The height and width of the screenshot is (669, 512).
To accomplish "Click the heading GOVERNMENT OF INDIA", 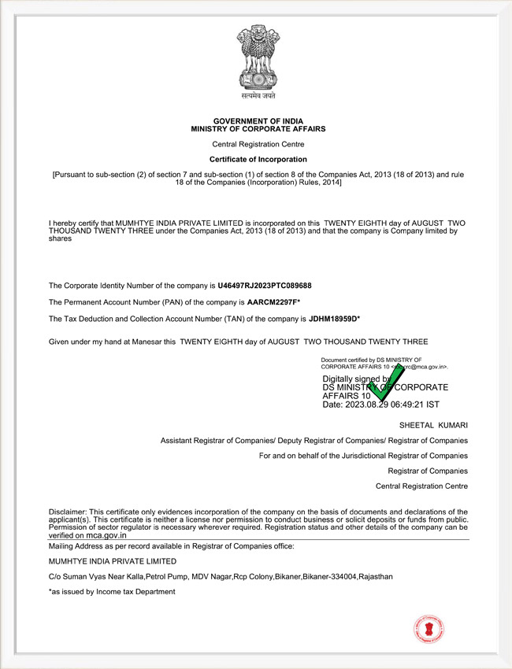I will (x=258, y=120).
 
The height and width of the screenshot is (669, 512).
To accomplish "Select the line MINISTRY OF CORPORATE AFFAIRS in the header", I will (x=258, y=128).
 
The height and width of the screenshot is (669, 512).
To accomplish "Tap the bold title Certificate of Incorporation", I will (x=258, y=159).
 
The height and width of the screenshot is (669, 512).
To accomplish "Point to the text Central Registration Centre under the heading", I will (x=258, y=144).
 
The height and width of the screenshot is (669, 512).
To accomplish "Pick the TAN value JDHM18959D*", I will (x=334, y=319).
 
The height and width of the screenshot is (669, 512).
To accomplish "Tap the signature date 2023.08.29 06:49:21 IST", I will (x=374, y=405).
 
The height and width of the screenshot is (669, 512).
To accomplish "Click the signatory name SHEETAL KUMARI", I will (x=433, y=425).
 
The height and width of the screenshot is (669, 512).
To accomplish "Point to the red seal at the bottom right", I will (x=429, y=627).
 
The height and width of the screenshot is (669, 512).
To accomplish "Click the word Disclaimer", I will (x=68, y=512).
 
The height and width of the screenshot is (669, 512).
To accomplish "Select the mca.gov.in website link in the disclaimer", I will (x=106, y=535).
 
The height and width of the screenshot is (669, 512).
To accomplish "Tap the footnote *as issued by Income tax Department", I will (x=112, y=591).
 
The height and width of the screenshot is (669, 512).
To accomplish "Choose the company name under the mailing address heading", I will (x=112, y=561).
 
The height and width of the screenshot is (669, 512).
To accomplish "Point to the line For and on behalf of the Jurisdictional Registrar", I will (x=363, y=456).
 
